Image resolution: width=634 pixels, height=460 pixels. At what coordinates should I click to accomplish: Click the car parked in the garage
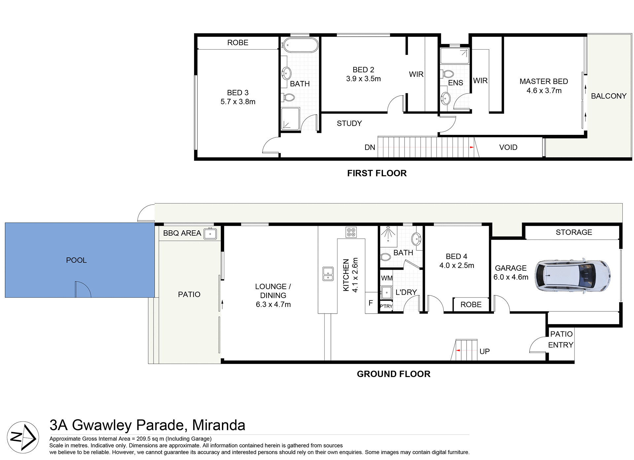[573, 275]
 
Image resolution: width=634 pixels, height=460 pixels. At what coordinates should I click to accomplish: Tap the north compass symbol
[23, 438]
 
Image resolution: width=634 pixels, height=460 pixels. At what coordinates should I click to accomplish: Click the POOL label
[76, 260]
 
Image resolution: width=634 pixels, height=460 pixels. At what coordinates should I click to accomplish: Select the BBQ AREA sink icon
[210, 234]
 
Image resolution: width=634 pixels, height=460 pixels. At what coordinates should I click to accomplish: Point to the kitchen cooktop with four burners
[351, 232]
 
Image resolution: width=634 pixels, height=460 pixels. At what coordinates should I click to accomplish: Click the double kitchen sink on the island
[328, 274]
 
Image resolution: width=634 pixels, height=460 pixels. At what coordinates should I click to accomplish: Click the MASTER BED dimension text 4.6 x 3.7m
[544, 91]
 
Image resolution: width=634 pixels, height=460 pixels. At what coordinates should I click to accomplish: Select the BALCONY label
[609, 96]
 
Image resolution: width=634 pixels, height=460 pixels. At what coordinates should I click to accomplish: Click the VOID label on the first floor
[508, 147]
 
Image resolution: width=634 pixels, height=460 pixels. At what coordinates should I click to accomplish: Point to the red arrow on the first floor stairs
[472, 147]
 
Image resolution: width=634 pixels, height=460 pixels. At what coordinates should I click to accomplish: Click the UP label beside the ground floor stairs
[484, 352]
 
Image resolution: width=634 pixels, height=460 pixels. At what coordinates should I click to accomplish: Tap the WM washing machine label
[387, 278]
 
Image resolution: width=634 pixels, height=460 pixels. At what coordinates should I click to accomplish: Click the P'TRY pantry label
[386, 306]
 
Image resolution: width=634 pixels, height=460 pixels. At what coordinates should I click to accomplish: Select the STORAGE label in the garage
[574, 232]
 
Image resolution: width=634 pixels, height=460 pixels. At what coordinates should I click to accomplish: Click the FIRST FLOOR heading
[377, 173]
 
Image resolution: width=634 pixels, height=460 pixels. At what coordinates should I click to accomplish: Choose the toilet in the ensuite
[448, 73]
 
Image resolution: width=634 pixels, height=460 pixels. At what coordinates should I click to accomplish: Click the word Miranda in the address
[219, 425]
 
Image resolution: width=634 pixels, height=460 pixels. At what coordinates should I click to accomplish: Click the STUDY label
[349, 123]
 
